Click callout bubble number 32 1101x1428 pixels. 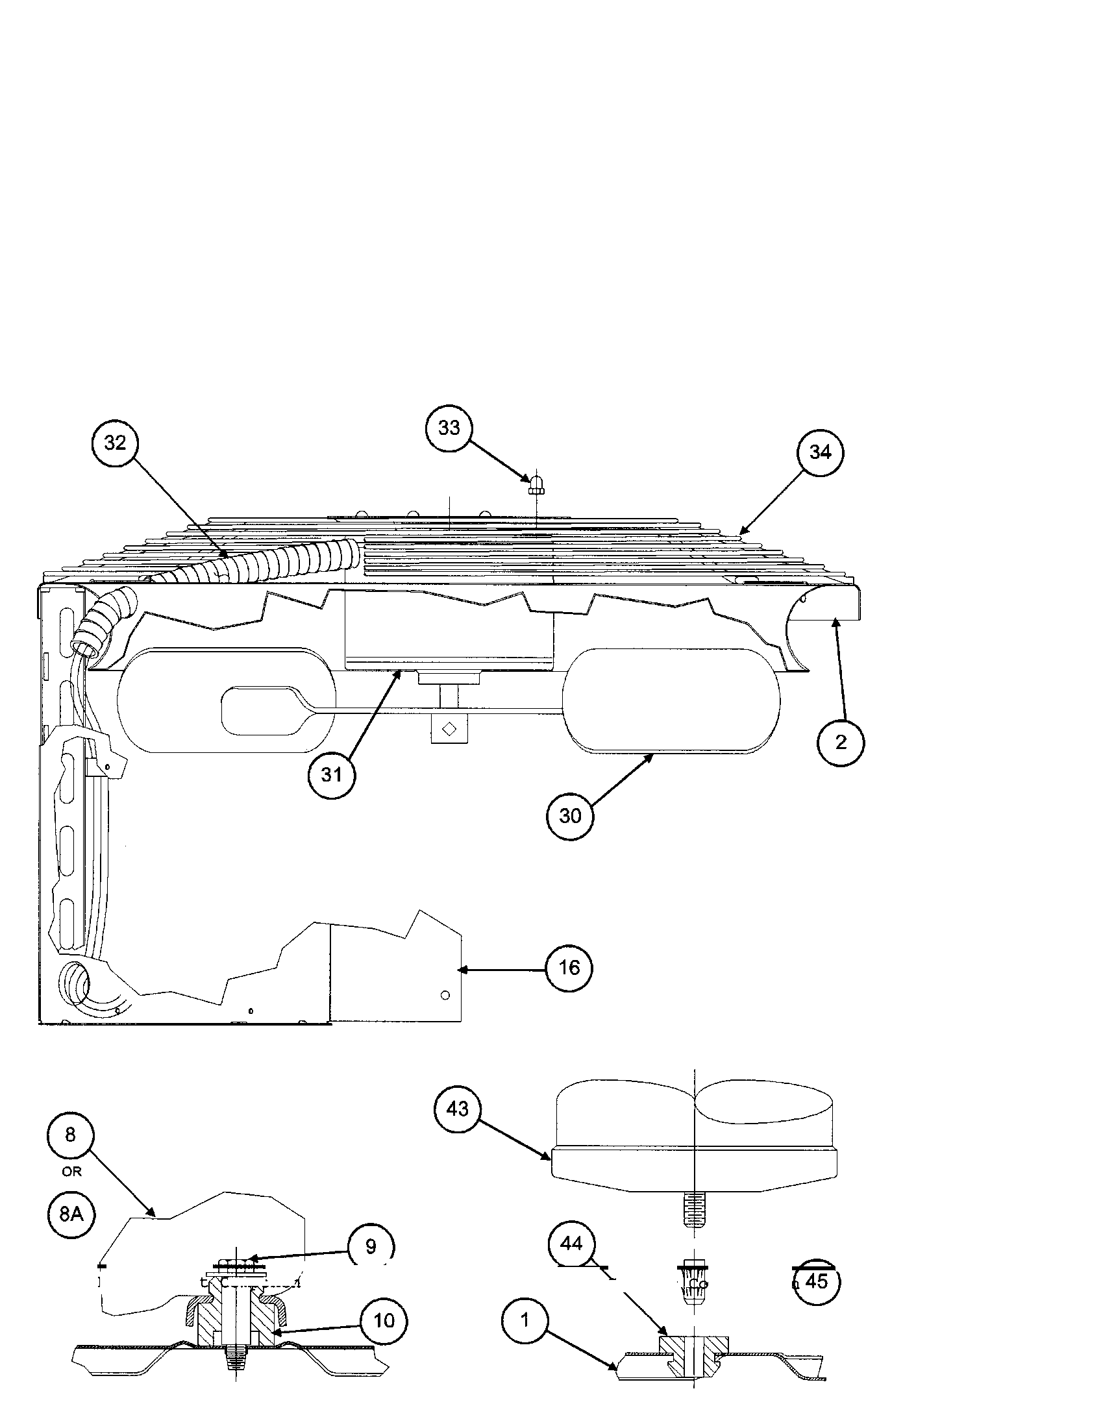115,443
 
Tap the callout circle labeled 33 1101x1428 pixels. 449,428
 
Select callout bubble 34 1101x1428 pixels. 820,452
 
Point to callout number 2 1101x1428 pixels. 841,742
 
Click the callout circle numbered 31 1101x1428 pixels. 332,775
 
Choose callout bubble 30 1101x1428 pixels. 570,815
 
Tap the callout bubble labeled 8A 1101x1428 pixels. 71,1214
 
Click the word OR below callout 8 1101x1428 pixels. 71,1172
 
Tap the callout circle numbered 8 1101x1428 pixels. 71,1135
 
